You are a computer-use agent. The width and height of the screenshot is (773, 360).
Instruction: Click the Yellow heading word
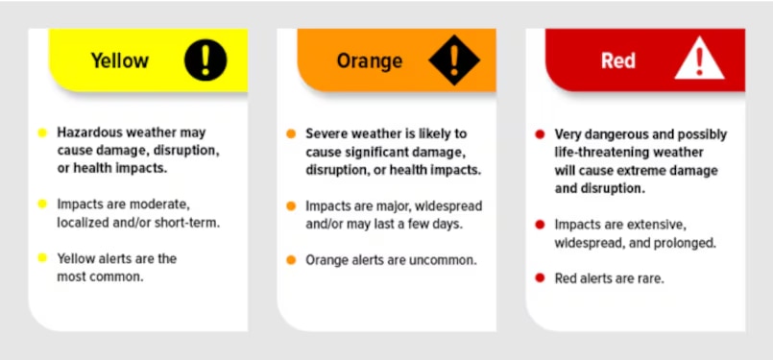coord(120,60)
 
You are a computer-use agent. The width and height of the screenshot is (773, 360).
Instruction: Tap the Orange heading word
coord(370,61)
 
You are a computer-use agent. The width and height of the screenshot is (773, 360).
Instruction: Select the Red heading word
coord(618,61)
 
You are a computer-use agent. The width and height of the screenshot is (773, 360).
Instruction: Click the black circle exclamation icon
coord(205,60)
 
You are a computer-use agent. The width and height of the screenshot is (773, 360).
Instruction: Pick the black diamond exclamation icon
coord(454,60)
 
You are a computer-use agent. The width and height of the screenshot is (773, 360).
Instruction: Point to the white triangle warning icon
coord(699,59)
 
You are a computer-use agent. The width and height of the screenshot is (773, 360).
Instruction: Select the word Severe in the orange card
coord(326,133)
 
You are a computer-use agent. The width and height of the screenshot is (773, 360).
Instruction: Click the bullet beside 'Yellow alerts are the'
coord(42,257)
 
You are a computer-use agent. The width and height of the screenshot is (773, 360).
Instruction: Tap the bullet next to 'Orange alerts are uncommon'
coord(291,260)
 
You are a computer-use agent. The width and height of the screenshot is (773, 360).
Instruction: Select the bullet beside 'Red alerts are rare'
coord(540,278)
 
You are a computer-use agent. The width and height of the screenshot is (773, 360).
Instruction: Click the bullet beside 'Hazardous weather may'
coord(42,132)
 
